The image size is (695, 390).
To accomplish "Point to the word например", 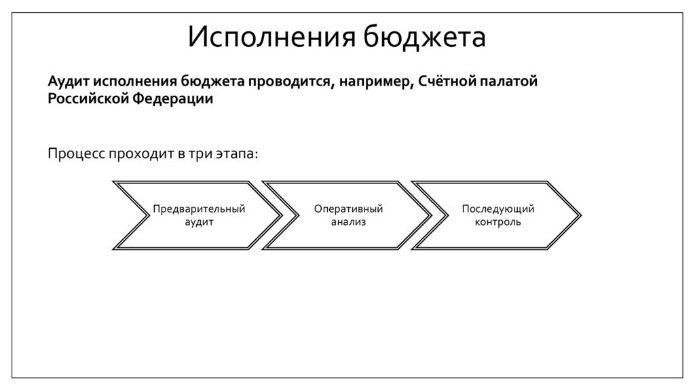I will (x=371, y=82).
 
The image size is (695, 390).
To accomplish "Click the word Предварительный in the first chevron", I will (x=199, y=209).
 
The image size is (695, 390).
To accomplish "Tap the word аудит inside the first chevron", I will (x=199, y=221).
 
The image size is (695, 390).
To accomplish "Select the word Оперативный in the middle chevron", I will (x=348, y=209).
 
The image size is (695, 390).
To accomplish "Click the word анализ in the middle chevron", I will (x=348, y=221).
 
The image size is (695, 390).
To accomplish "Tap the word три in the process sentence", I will (x=196, y=154).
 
